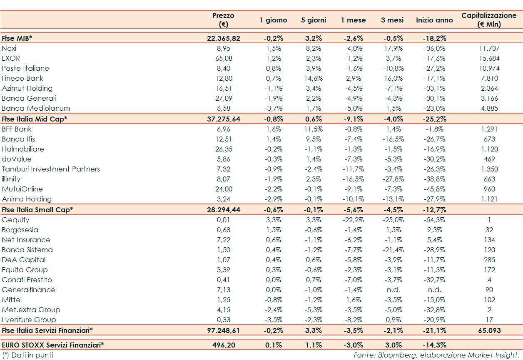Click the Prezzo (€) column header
[x=223, y=20]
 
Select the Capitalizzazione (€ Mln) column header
[x=489, y=20]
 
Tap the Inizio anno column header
[x=434, y=20]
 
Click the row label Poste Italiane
[x=25, y=68]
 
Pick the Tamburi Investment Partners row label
[x=51, y=169]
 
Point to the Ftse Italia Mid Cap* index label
[x=34, y=119]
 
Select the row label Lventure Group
[x=29, y=320]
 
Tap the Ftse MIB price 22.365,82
[x=223, y=38]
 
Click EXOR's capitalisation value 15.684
[x=489, y=58]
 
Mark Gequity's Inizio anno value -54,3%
[x=434, y=220]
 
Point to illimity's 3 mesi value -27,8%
[x=392, y=179]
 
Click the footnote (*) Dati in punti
[x=27, y=355]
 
